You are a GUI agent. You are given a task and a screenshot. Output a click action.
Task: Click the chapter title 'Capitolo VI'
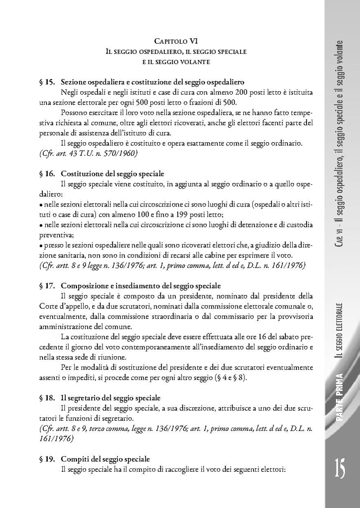[176, 41]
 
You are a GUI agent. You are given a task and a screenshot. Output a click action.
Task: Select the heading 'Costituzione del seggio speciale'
[113, 174]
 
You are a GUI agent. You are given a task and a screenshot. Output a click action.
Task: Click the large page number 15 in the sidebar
[341, 469]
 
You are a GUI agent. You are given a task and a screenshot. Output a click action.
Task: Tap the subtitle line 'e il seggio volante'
[176, 62]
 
